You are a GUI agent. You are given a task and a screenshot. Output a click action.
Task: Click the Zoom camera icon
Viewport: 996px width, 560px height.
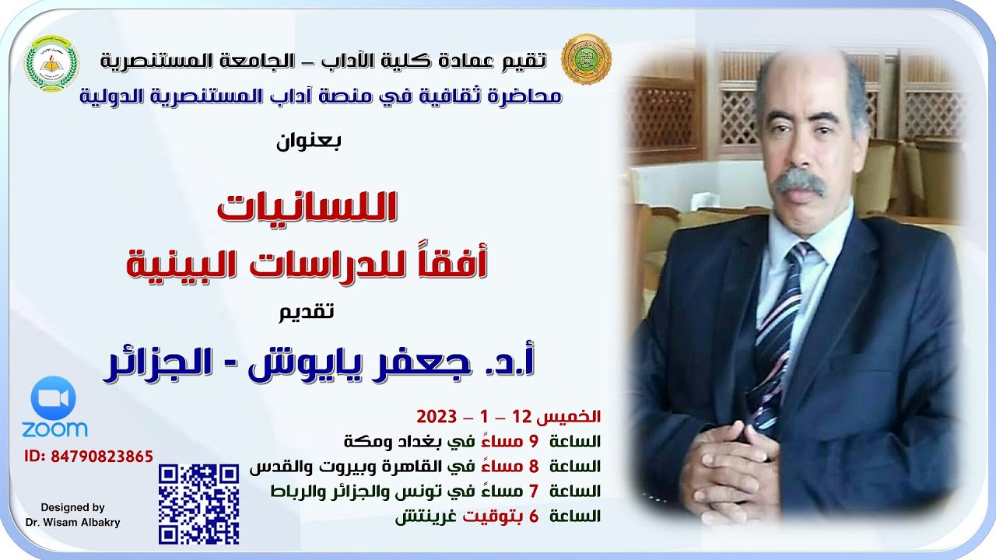point(54,399)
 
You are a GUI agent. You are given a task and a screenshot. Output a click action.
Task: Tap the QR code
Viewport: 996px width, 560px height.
point(198,503)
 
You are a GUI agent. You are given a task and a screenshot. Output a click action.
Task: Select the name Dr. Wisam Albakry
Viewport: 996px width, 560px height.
point(72,523)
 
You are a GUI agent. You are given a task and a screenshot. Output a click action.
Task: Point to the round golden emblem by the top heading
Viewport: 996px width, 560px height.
point(586,59)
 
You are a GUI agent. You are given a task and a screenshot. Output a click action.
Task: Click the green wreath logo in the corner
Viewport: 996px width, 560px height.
point(52,63)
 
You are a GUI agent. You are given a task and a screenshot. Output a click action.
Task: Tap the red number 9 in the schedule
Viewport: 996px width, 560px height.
point(535,442)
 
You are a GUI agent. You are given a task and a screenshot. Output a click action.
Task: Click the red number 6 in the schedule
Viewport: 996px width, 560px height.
point(535,516)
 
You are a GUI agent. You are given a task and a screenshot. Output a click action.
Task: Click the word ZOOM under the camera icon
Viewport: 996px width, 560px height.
point(54,429)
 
